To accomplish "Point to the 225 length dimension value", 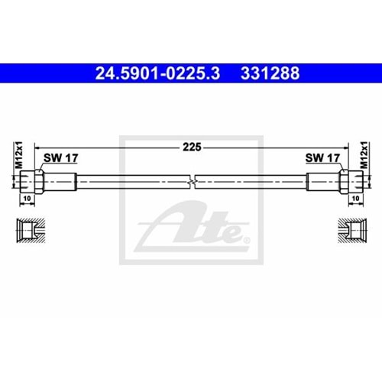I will pyautogui.click(x=192, y=148).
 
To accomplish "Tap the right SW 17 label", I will pyautogui.click(x=322, y=159).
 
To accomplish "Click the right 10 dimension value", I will pyautogui.click(x=355, y=198).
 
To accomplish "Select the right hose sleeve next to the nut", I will pyautogui.click(x=322, y=183).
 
